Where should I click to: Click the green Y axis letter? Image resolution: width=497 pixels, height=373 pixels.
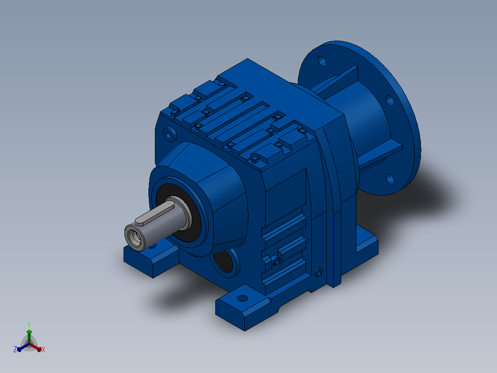pos(29,325)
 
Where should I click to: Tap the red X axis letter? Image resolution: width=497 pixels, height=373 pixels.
pos(43,349)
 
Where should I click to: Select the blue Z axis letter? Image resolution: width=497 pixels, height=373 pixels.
pos(15,349)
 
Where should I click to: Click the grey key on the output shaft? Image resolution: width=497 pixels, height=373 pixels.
pos(154,214)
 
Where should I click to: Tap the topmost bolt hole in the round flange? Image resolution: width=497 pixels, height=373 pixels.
pos(322,61)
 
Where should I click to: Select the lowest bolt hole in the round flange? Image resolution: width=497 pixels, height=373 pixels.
pos(390,178)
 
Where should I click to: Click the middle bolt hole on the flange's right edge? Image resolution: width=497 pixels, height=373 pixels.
pos(390,100)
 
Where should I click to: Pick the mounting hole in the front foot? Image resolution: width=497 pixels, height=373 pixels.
pos(243,298)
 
